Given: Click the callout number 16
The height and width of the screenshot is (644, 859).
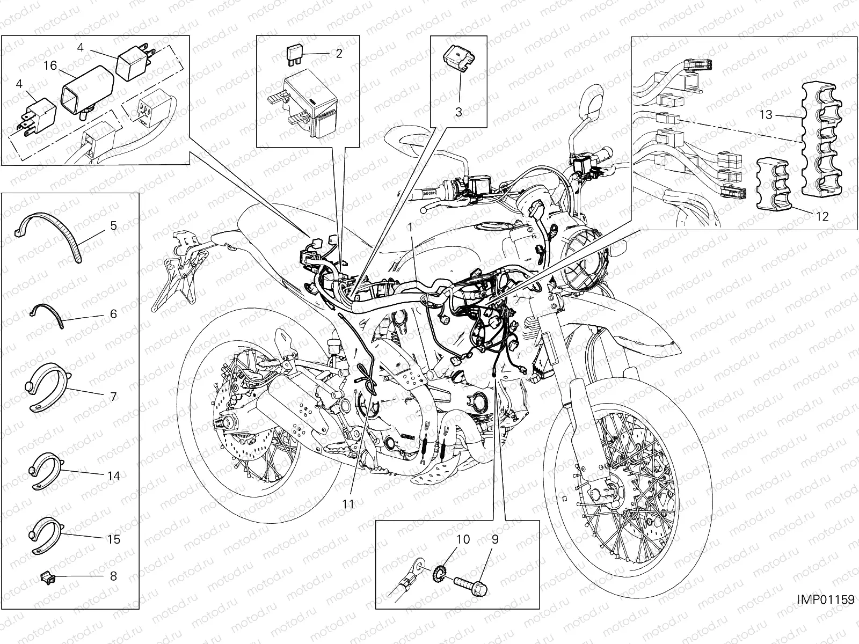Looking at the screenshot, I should [50, 65].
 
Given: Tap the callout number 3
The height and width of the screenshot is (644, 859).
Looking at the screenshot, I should [458, 112].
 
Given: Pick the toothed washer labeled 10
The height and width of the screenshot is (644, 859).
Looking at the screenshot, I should [350, 503].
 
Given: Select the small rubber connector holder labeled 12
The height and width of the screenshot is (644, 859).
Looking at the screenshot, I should [766, 114].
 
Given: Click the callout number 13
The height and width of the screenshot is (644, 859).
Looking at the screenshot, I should [825, 599].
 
